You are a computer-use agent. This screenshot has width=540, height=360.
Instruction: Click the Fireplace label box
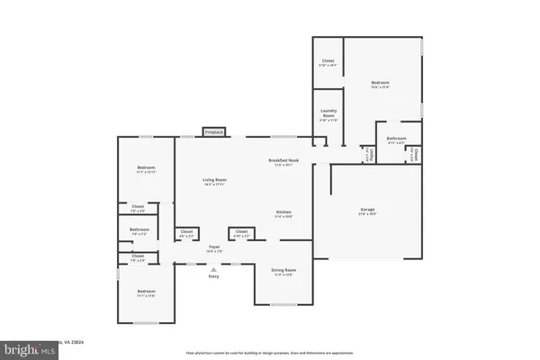point(213,132)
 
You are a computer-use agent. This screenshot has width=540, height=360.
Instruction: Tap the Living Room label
point(214,181)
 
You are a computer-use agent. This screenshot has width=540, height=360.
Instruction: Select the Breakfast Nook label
point(283,160)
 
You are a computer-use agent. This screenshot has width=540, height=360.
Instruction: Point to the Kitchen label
point(283,212)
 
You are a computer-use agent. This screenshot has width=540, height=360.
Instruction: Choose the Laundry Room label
point(328,115)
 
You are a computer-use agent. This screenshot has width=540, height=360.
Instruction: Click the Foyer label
point(214,247)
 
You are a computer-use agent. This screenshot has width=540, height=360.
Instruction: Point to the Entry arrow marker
point(214,268)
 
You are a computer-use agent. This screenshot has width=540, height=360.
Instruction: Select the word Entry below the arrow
point(214,276)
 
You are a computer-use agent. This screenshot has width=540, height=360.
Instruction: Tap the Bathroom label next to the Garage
point(397,139)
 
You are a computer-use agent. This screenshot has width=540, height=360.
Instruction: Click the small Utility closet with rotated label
point(369,154)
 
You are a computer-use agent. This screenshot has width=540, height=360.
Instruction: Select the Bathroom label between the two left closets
point(139,230)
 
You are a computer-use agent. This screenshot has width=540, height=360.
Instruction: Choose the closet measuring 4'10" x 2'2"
point(241,233)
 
